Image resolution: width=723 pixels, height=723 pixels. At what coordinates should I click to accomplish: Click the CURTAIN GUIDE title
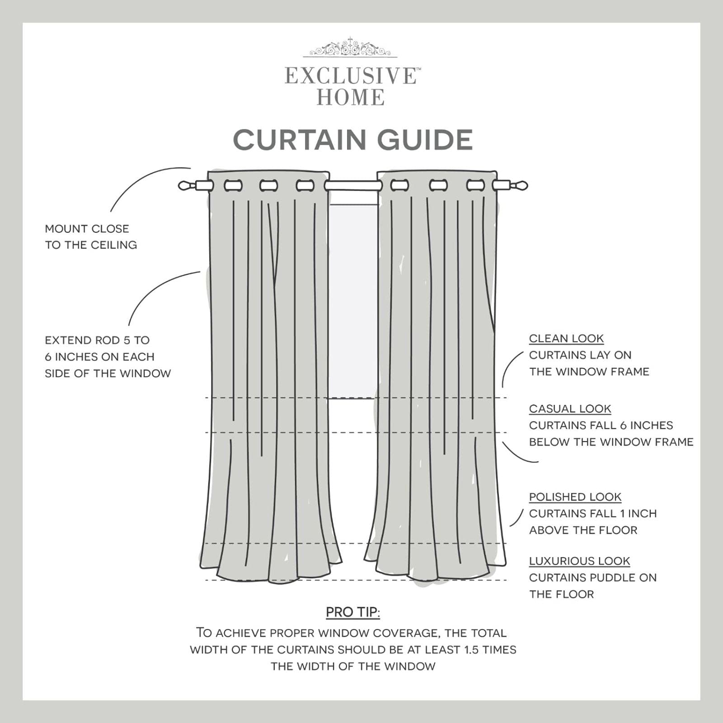pyautogui.click(x=353, y=140)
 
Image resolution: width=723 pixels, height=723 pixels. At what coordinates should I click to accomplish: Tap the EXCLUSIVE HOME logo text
pyautogui.click(x=351, y=86)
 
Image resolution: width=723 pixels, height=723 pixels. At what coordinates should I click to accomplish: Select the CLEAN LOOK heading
pyautogui.click(x=566, y=338)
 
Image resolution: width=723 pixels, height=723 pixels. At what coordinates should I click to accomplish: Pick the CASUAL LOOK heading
pyautogui.click(x=570, y=408)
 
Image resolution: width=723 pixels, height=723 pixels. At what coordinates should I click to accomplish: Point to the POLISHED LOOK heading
pyautogui.click(x=575, y=497)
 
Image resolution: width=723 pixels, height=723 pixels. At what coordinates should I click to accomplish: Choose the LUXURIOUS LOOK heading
pyautogui.click(x=579, y=561)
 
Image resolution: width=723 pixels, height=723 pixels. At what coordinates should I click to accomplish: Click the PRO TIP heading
pyautogui.click(x=353, y=612)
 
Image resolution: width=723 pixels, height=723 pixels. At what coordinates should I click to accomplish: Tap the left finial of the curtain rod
pyautogui.click(x=185, y=185)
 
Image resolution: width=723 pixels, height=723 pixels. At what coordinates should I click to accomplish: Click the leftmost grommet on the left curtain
pyautogui.click(x=233, y=185)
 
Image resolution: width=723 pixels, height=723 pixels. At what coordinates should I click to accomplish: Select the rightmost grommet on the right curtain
pyautogui.click(x=475, y=185)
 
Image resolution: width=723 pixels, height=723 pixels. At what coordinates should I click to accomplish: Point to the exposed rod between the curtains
pyautogui.click(x=353, y=185)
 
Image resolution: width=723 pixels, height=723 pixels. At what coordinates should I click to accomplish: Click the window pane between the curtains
pyautogui.click(x=353, y=298)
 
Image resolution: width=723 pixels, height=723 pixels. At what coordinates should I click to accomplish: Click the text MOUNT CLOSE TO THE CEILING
pyautogui.click(x=90, y=237)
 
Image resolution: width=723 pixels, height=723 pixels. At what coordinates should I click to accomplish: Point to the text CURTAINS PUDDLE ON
pyautogui.click(x=592, y=577)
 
